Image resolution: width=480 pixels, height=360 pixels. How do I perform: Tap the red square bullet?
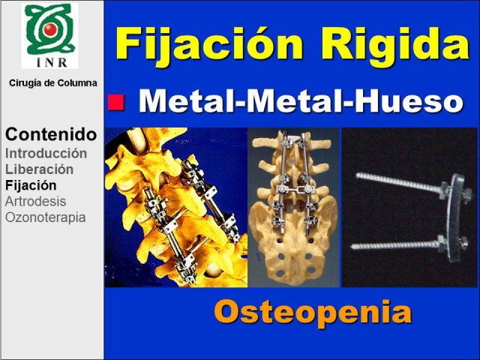tap(116, 102)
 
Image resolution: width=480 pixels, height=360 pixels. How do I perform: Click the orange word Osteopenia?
tap(313, 312)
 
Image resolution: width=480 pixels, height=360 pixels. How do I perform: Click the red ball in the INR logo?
tap(49, 29)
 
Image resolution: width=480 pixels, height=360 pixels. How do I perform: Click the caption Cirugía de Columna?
tap(53, 83)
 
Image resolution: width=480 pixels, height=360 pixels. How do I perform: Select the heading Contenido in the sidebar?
tap(51, 134)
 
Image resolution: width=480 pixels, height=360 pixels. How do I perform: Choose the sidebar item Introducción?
tap(46, 153)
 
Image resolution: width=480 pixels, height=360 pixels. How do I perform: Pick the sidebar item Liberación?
tap(39, 169)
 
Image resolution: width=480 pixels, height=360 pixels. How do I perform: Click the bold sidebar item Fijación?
tap(31, 185)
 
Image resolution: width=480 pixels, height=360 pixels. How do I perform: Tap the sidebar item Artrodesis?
tap(35, 202)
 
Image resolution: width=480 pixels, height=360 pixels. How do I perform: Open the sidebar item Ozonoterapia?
tap(45, 217)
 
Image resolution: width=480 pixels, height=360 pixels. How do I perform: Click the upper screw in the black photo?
tap(400, 183)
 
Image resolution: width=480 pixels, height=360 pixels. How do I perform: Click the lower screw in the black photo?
tap(396, 245)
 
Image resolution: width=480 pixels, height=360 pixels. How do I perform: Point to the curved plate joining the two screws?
tap(455, 218)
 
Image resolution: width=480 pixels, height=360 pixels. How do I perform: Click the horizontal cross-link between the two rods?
tap(294, 190)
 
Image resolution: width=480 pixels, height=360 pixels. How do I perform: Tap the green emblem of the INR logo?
tap(50, 29)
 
